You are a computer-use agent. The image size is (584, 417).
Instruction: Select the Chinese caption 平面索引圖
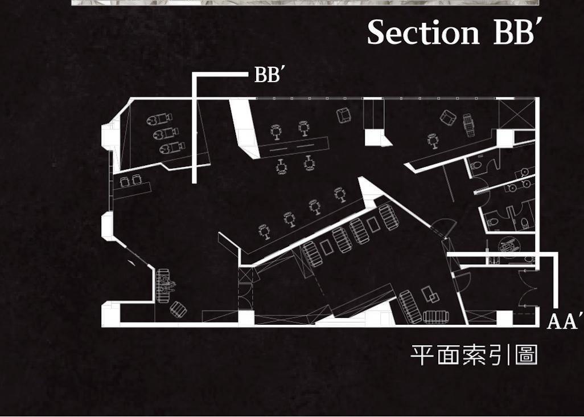click(474, 355)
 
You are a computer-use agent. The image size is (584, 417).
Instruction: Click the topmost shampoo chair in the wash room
click(159, 121)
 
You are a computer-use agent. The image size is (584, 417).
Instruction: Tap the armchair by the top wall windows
click(344, 116)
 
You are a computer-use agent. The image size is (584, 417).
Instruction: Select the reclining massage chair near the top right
click(468, 122)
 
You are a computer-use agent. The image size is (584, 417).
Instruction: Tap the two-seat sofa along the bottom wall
click(436, 316)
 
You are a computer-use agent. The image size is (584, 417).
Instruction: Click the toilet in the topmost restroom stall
click(478, 165)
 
